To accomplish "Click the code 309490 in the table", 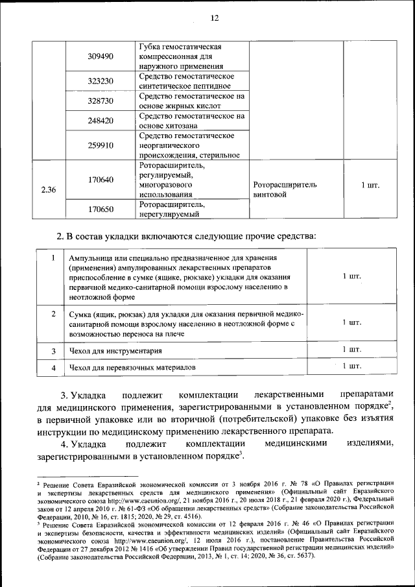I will [101, 56].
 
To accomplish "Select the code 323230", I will [101, 81].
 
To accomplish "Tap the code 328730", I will [101, 101].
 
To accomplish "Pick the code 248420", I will [101, 121].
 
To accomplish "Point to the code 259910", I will [101, 145].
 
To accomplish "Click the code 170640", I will [101, 180].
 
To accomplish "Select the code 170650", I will [101, 210].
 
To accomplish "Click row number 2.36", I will [48, 190].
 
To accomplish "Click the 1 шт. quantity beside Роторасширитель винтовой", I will [370, 185].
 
